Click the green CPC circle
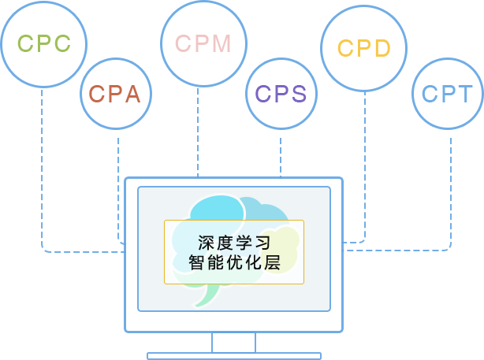[x=44, y=44]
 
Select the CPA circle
[x=115, y=95]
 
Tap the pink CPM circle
[x=203, y=44]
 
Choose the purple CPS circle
[x=281, y=94]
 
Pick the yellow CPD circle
[x=364, y=49]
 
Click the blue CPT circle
[x=447, y=94]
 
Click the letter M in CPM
[x=221, y=44]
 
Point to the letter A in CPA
[x=132, y=95]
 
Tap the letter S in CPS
[x=298, y=94]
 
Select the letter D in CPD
[x=382, y=49]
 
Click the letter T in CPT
[x=464, y=94]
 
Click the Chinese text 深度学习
[x=234, y=243]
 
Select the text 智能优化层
[x=234, y=262]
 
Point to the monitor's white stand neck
[x=233, y=342]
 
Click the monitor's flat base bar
[x=233, y=356]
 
